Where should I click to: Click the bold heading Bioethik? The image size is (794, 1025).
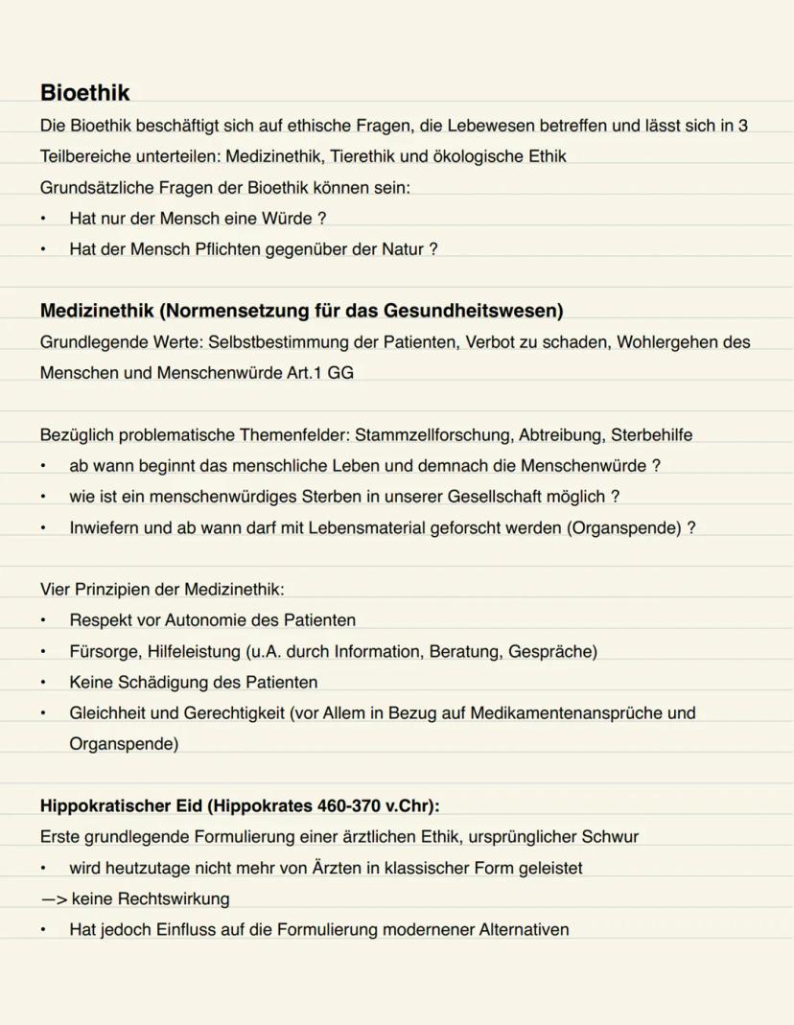click(84, 93)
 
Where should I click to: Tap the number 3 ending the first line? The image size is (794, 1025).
click(743, 126)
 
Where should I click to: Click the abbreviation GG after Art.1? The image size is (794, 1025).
click(340, 372)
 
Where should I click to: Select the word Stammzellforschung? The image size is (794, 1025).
click(432, 434)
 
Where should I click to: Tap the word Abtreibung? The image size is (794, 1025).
click(559, 434)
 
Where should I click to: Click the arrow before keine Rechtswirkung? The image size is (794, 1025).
click(53, 899)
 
